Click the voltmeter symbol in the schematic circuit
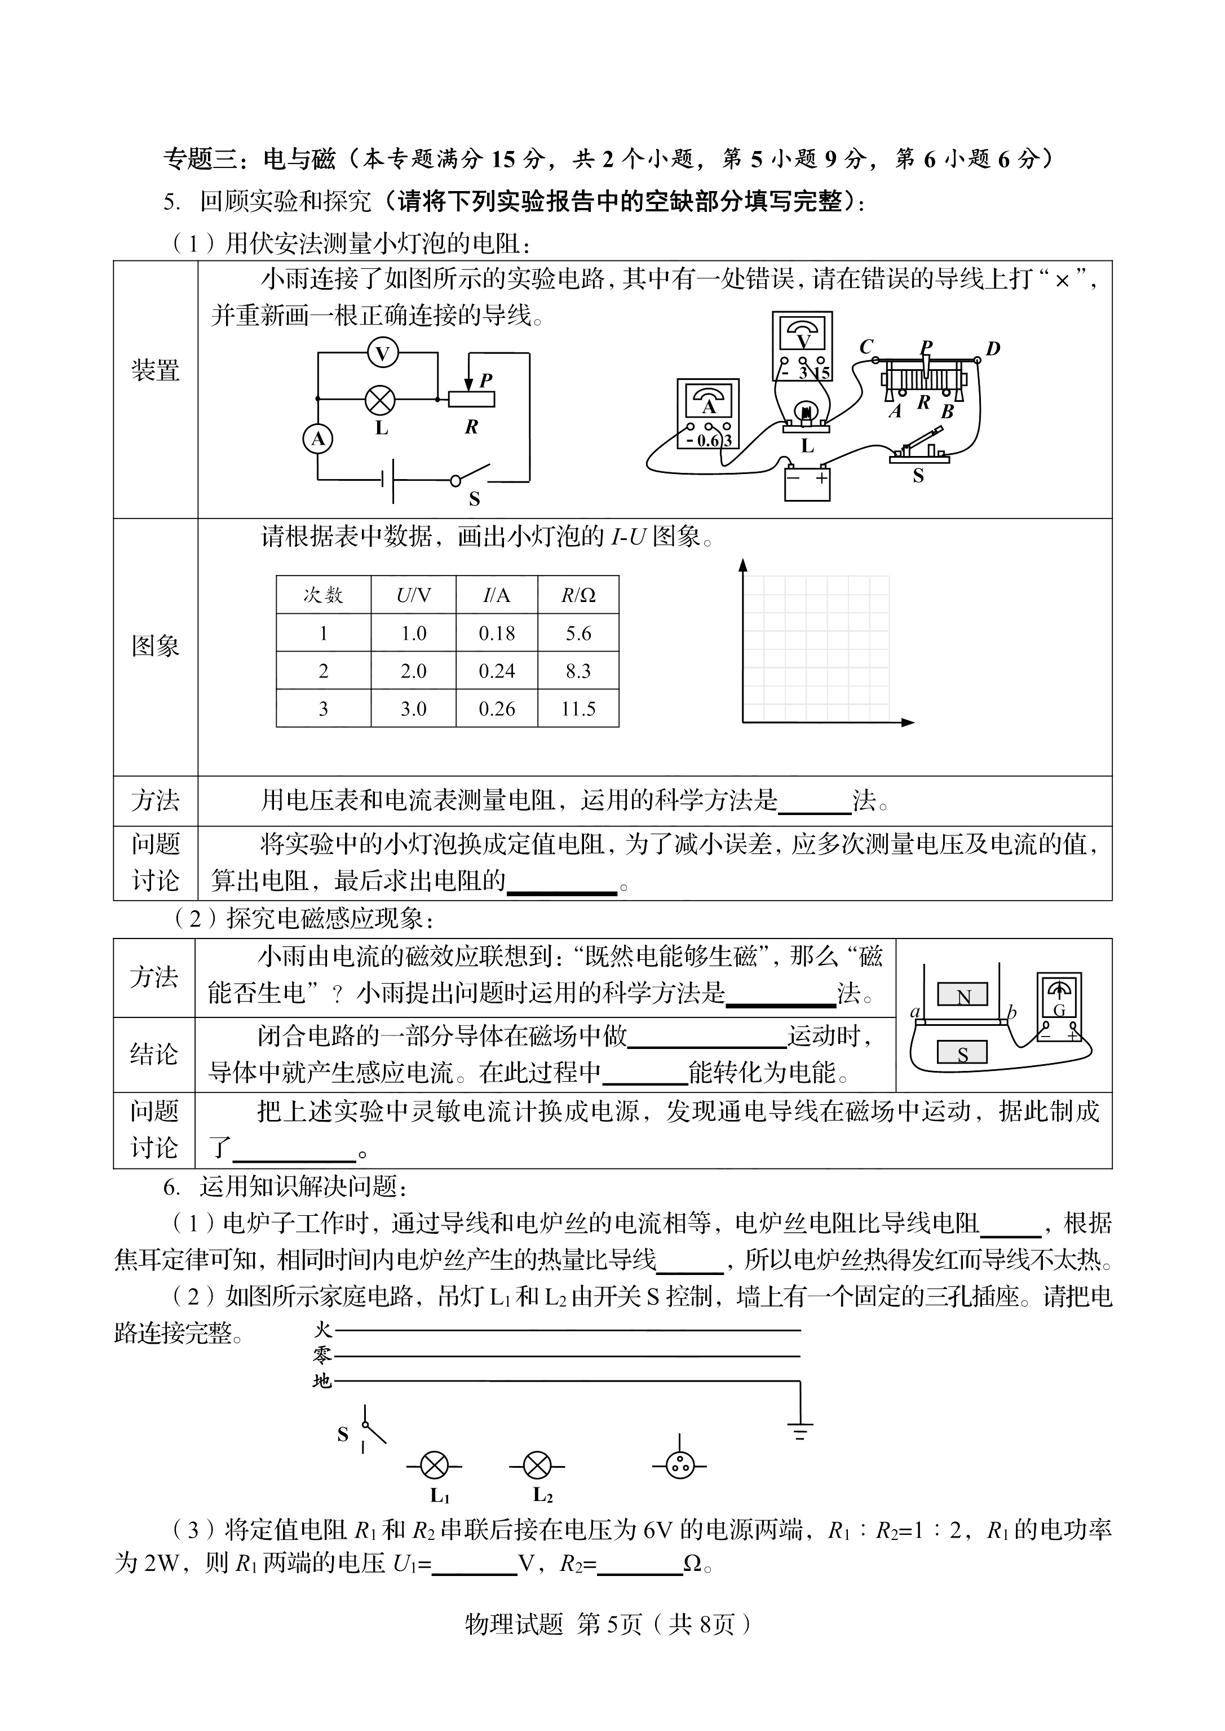[x=382, y=353]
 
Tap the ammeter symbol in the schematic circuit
[x=317, y=438]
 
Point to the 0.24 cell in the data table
[x=496, y=671]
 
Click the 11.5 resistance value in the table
[x=578, y=709]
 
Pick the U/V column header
[x=413, y=595]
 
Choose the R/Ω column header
[x=578, y=595]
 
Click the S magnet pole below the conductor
[x=962, y=1053]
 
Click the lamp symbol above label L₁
[x=434, y=1466]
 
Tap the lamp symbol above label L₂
[x=536, y=1466]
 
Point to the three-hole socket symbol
[x=680, y=1466]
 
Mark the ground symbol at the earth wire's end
[x=799, y=1430]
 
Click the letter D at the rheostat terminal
[x=993, y=348]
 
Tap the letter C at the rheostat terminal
[x=866, y=347]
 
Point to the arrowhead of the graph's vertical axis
[x=743, y=565]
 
